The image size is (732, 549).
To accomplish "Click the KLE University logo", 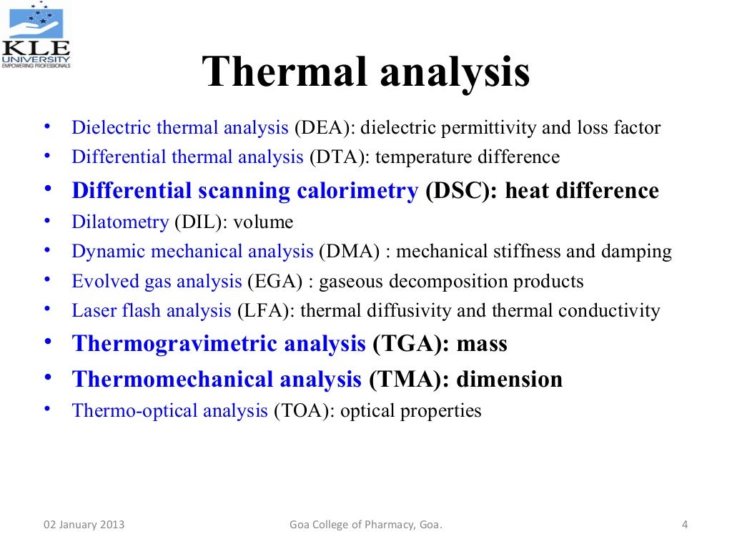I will pos(36,36).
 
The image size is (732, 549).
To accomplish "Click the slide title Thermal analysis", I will pos(366,74).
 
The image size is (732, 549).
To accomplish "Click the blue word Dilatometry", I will pos(120,222).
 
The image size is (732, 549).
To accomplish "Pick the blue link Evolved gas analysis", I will pos(157,282).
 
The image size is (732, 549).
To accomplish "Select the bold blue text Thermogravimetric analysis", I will pos(219,344).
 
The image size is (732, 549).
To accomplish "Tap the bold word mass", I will pos(482,344).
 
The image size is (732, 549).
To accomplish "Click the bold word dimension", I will pos(510,379).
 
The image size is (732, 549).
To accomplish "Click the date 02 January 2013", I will pos(84,525).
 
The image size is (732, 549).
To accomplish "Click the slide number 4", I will pos(684,525).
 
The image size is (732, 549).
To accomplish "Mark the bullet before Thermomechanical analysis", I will pos(48,377).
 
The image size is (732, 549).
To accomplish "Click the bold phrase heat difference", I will pos(582,191).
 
